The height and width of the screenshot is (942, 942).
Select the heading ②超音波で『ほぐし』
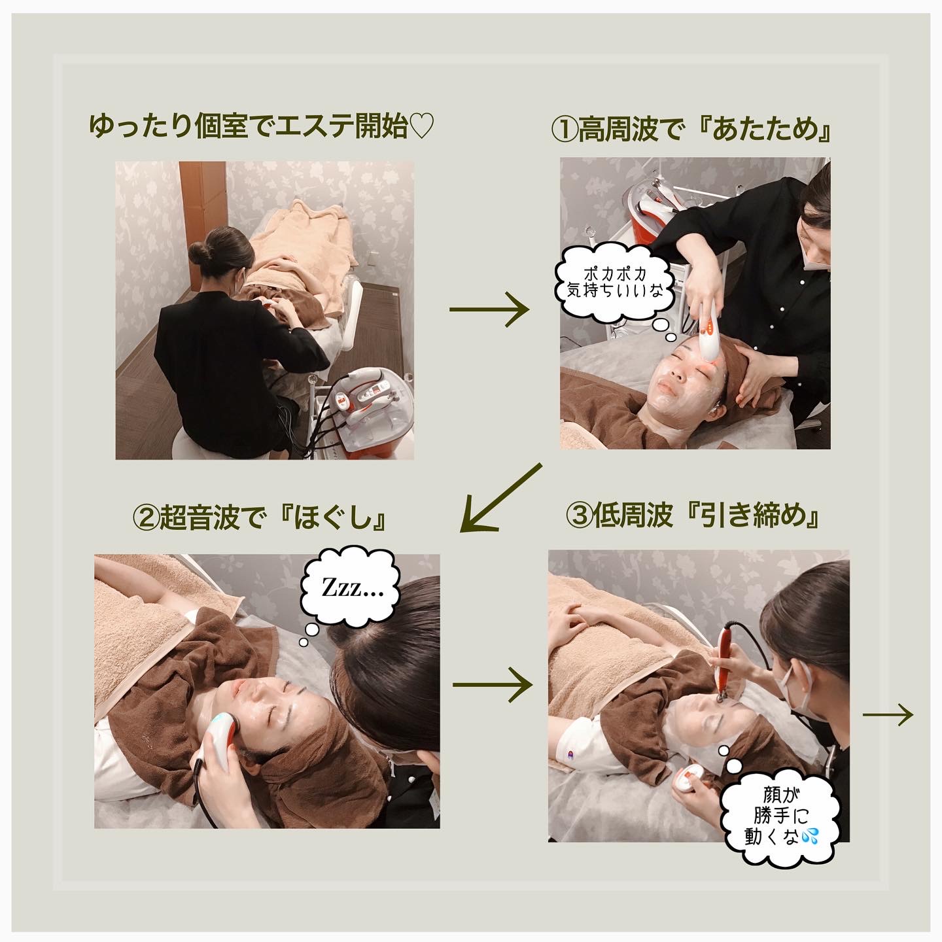[x=260, y=519]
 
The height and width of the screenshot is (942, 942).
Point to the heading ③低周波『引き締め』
[x=693, y=515]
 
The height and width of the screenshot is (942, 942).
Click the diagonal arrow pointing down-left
[x=500, y=498]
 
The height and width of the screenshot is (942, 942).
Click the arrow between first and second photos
[x=489, y=309]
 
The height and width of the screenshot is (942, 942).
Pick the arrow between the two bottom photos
[x=493, y=685]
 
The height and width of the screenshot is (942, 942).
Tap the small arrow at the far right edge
[x=888, y=715]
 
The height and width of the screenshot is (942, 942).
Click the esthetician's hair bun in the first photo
[x=200, y=253]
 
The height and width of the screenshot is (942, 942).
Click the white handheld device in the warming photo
[x=708, y=330]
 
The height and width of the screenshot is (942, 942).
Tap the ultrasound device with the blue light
[x=219, y=740]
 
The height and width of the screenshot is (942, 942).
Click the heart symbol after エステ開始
[x=421, y=126]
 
